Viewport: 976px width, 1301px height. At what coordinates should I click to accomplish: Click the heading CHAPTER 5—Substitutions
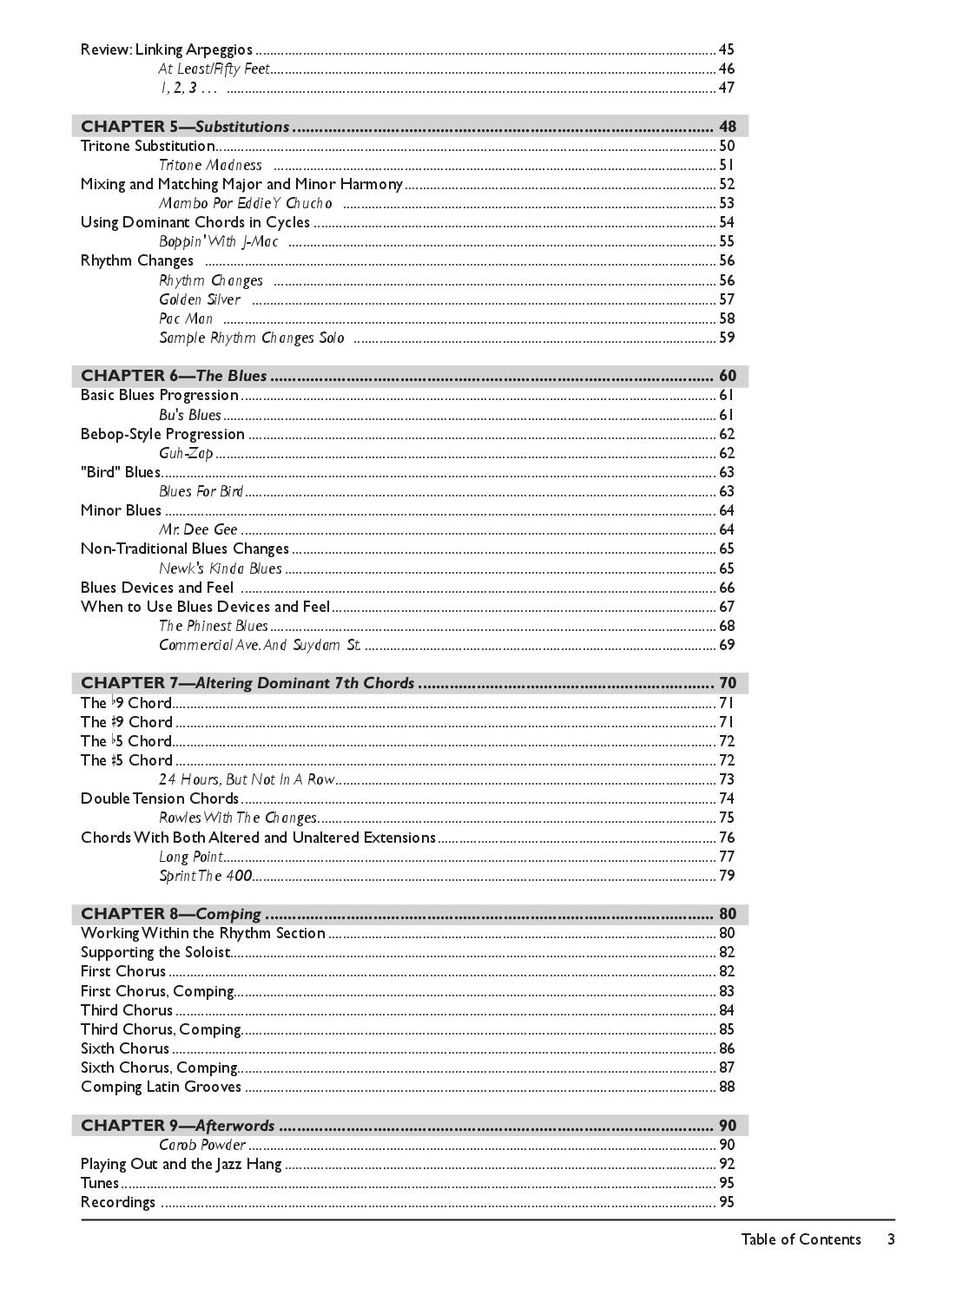pyautogui.click(x=185, y=127)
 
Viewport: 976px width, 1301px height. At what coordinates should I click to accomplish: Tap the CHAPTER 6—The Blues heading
pyautogui.click(x=174, y=376)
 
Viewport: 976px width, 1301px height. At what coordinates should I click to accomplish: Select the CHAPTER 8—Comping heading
pyautogui.click(x=171, y=914)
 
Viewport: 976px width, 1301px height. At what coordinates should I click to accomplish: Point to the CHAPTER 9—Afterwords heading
pyautogui.click(x=177, y=1126)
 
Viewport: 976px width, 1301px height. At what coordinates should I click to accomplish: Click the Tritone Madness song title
pyautogui.click(x=210, y=165)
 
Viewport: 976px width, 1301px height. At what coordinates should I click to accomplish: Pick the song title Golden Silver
pyautogui.click(x=200, y=299)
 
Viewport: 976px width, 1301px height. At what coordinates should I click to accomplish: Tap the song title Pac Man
pyautogui.click(x=186, y=319)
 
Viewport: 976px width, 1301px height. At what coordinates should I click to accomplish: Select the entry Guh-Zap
pyautogui.click(x=186, y=453)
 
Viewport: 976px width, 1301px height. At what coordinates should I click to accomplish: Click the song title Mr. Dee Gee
pyautogui.click(x=198, y=529)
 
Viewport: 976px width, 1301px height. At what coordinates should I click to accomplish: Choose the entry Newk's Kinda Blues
pyautogui.click(x=221, y=568)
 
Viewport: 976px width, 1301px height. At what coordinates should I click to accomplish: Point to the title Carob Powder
pyautogui.click(x=202, y=1145)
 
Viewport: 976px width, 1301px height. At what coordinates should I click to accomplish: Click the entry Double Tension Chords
pyautogui.click(x=160, y=798)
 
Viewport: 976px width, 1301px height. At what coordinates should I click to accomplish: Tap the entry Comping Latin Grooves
pyautogui.click(x=161, y=1087)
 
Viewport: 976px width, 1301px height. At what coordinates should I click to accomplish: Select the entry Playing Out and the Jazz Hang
pyautogui.click(x=181, y=1164)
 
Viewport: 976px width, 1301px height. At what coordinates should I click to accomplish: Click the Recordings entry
pyautogui.click(x=118, y=1202)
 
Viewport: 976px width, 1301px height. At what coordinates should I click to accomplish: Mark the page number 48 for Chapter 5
pyautogui.click(x=728, y=127)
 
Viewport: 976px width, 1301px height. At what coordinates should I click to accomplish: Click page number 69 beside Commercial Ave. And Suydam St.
pyautogui.click(x=727, y=645)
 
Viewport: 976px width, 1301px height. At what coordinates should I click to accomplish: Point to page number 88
pyautogui.click(x=727, y=1087)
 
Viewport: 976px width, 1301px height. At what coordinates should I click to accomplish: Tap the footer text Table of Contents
pyautogui.click(x=801, y=1239)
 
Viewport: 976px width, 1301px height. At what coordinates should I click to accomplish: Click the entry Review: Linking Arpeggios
pyautogui.click(x=167, y=49)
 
